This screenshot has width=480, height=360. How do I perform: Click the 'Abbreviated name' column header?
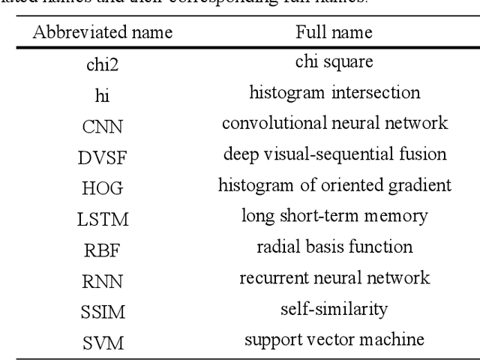tap(102, 33)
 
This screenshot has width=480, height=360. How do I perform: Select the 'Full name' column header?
tap(334, 33)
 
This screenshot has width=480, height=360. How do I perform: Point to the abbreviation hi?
tap(102, 94)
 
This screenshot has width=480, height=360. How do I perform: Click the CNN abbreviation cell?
tap(102, 124)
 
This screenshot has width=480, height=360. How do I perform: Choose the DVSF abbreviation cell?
tap(102, 155)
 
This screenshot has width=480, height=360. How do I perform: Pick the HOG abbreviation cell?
tap(102, 186)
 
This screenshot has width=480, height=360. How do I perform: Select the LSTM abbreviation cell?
tap(102, 217)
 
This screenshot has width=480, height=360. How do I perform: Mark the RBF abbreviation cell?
tap(102, 247)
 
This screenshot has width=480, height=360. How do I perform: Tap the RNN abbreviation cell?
tap(102, 278)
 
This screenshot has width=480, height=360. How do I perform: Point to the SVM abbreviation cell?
tap(102, 339)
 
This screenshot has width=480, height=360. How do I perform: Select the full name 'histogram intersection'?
tap(334, 94)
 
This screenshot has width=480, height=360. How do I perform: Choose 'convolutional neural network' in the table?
tap(334, 124)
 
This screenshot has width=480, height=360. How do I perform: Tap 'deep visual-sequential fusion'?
tap(334, 155)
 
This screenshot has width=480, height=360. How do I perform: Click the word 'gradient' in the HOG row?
tap(424, 186)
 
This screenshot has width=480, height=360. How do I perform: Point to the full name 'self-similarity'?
tap(334, 308)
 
